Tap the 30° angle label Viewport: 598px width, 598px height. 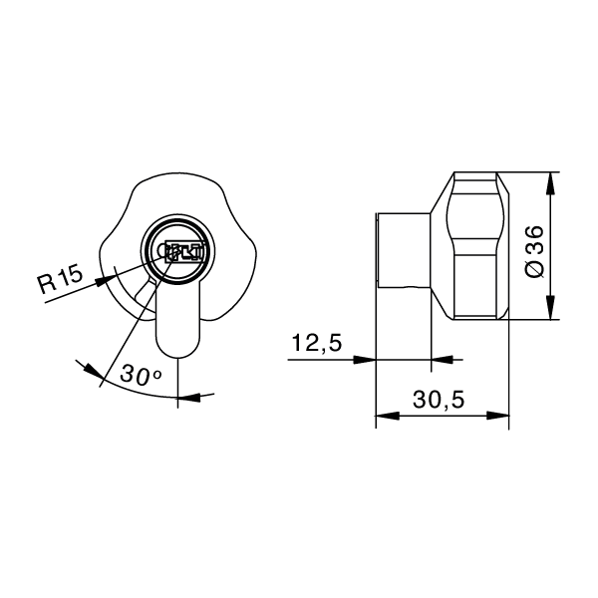point(141,375)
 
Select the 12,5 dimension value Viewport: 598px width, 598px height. point(317,344)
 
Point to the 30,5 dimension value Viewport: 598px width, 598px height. point(439,400)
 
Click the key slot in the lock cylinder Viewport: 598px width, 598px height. point(179,252)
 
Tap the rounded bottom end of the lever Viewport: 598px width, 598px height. point(178,344)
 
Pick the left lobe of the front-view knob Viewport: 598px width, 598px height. point(108,249)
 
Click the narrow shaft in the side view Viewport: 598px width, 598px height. point(403,253)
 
